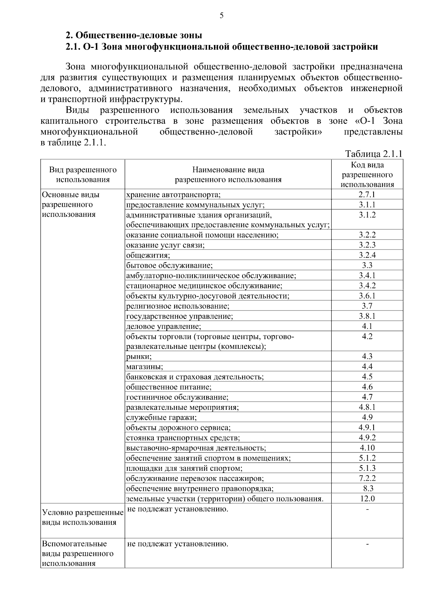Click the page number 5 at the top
(221, 16)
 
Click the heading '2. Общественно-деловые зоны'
(134, 35)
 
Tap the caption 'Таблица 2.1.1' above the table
(374, 154)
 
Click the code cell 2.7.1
(367, 195)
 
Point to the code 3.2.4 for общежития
(367, 255)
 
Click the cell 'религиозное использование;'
(178, 306)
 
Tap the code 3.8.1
(367, 316)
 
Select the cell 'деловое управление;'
(164, 326)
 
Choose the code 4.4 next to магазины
(367, 367)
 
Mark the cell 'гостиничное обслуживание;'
(177, 397)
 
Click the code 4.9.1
(367, 427)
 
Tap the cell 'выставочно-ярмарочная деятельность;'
(196, 448)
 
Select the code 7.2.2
(367, 478)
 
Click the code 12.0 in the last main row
(367, 499)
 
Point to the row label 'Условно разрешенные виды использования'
(82, 517)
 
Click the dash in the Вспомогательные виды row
(367, 544)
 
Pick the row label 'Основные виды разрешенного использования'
(70, 204)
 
